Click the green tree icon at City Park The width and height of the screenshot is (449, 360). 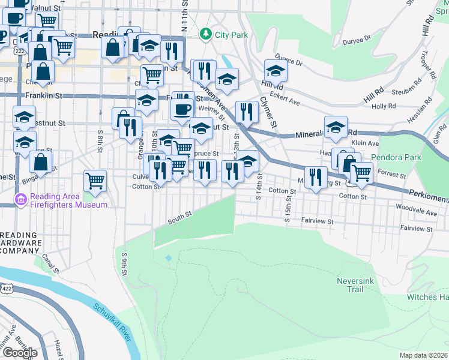click(x=207, y=34)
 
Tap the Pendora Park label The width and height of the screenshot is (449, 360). click(x=397, y=158)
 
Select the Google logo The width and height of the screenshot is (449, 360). click(x=20, y=353)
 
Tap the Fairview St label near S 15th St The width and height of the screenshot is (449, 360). click(x=317, y=221)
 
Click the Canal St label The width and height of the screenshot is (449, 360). click(x=49, y=261)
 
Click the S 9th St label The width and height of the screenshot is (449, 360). click(x=125, y=264)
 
